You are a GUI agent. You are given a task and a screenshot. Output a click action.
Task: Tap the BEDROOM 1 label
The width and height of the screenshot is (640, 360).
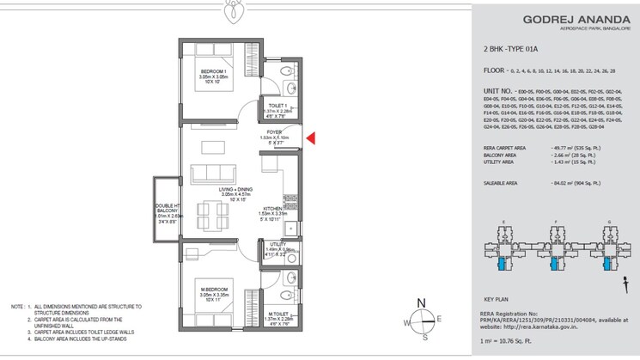coord(212,70)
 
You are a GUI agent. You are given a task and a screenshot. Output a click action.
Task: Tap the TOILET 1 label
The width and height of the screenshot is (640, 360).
coord(278,106)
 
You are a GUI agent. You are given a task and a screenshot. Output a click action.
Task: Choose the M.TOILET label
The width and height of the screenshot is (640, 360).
coord(277,314)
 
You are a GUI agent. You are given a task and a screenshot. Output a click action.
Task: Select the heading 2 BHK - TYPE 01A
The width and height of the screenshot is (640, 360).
coord(515,52)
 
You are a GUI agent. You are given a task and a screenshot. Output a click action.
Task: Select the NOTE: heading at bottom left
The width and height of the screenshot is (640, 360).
coord(16,306)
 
